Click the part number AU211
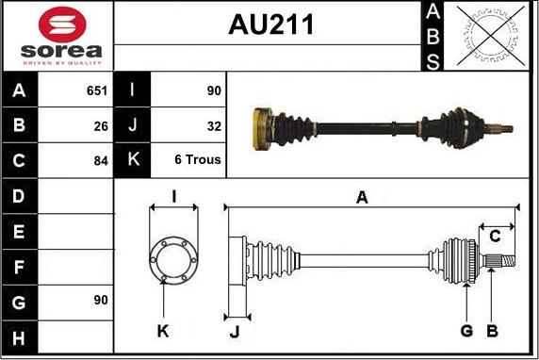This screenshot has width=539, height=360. (270, 25)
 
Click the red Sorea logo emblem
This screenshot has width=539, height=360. (62, 25)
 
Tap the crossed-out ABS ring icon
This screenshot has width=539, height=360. (491, 36)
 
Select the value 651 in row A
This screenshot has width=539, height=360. (97, 90)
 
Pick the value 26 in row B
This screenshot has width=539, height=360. (101, 126)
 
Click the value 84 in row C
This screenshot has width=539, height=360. (101, 161)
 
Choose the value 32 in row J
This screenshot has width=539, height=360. (214, 126)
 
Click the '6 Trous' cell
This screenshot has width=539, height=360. (198, 159)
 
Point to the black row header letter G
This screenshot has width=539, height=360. (19, 303)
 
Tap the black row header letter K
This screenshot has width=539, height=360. (134, 159)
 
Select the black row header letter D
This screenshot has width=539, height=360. (19, 196)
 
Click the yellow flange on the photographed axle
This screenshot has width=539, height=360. (262, 129)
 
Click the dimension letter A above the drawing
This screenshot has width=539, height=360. (362, 198)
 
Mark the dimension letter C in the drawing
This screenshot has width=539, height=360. (495, 237)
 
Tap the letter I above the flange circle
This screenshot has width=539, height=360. (174, 197)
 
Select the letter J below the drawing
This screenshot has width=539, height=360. (235, 332)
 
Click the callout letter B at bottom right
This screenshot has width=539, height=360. (492, 331)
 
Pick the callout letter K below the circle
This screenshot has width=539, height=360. (163, 331)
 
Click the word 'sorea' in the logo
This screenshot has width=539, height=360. (61, 51)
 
